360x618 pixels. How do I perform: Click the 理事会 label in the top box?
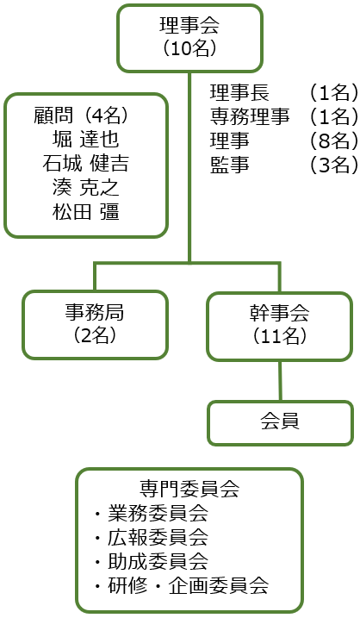click(x=189, y=25)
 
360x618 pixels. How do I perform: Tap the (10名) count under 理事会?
click(x=189, y=48)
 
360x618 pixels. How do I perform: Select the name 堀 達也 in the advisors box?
click(x=85, y=139)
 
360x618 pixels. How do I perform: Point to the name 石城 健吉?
click(x=85, y=163)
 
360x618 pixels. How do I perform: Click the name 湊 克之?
click(x=85, y=188)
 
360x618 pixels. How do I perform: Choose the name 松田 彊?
click(x=85, y=212)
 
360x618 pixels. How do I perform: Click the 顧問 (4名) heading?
click(x=85, y=115)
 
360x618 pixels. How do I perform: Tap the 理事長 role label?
click(x=239, y=93)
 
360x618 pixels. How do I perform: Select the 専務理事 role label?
click(x=250, y=116)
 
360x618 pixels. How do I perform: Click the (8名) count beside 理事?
click(x=333, y=140)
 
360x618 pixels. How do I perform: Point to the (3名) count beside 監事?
click(x=333, y=165)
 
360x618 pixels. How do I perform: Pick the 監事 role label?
click(x=230, y=165)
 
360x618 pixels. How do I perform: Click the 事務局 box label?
click(x=95, y=312)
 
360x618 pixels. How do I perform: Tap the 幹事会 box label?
click(x=279, y=313)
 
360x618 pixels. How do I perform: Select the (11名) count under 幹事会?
click(x=279, y=336)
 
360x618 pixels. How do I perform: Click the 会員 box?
click(x=280, y=423)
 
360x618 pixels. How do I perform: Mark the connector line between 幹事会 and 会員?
click(x=280, y=381)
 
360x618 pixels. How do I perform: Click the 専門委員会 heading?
click(x=189, y=489)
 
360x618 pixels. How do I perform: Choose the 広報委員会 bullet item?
click(x=152, y=538)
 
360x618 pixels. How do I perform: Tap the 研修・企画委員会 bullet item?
click(x=181, y=586)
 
